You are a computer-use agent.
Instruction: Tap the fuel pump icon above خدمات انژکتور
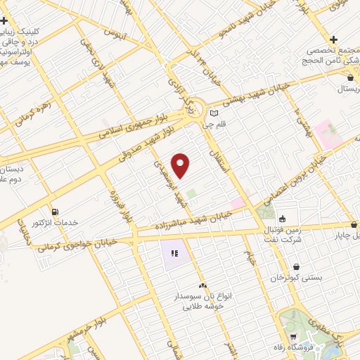tap(55, 212)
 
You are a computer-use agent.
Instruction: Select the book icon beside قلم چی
tap(214, 113)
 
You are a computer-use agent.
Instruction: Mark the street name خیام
tap(249, 260)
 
